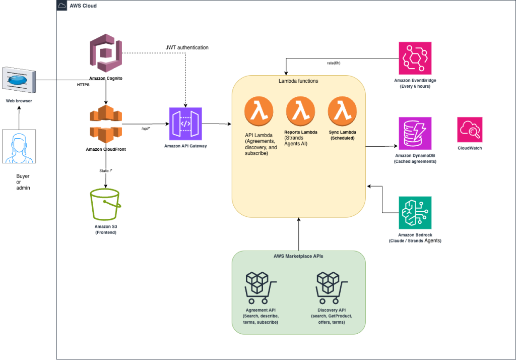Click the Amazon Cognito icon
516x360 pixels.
[106, 53]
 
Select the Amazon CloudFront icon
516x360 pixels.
[106, 124]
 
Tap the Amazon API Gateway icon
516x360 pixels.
[185, 124]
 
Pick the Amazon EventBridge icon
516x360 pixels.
[415, 58]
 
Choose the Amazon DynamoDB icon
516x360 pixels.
[415, 134]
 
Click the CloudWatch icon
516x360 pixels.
[470, 130]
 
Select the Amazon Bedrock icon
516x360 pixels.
[415, 213]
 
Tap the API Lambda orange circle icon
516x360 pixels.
[259, 111]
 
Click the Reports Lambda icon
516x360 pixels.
[300, 111]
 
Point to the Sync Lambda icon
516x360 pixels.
[342, 111]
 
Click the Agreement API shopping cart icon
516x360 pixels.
[261, 288]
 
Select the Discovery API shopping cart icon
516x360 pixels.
[332, 288]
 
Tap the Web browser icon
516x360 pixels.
[19, 80]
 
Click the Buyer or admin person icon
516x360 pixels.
[19, 147]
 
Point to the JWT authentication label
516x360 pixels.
[187, 47]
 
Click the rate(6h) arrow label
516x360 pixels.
[334, 63]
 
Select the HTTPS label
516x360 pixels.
[83, 85]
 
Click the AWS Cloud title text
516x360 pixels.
[83, 6]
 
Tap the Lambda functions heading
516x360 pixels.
[298, 81]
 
